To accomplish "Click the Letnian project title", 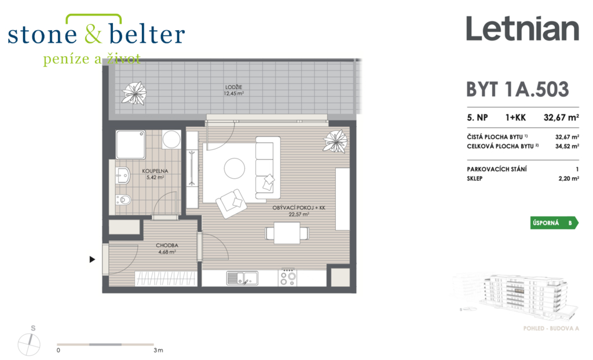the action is tap(523, 28).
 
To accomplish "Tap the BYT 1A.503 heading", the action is tap(517, 90).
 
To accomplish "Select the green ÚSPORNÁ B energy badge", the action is tap(554, 223).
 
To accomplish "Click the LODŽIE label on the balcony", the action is tap(234, 87).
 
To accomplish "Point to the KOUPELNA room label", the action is tap(155, 171).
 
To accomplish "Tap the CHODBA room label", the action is tap(167, 245).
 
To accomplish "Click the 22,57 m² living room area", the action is tap(299, 214).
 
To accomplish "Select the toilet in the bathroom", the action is tap(123, 199).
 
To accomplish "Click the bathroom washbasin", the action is tap(123, 175).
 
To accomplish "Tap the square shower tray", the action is tap(130, 145).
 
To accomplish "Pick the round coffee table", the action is tap(235, 168).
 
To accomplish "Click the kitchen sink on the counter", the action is tap(242, 278).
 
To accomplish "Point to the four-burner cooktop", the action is tap(287, 278).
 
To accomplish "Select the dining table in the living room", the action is tap(287, 233).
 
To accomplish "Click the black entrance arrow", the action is tap(92, 259).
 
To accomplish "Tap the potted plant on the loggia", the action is tap(134, 93).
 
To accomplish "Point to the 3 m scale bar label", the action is tap(159, 351).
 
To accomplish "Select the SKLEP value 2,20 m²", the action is tap(569, 178).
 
